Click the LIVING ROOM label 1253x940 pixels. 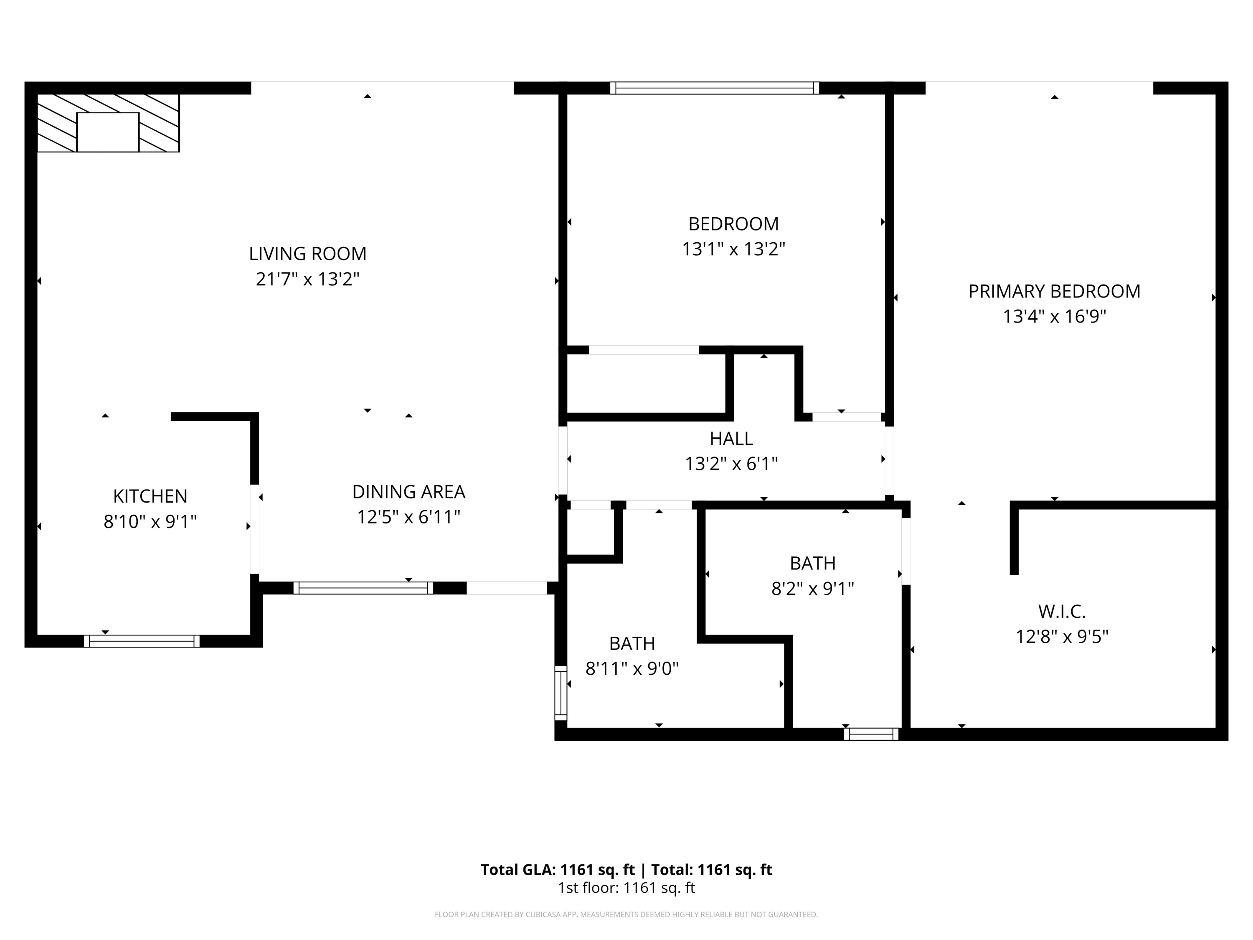[307, 253]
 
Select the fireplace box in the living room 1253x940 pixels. [108, 132]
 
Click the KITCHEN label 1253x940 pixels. [150, 496]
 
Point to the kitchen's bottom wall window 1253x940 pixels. [142, 641]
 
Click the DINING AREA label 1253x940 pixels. [408, 492]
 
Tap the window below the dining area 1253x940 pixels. [363, 588]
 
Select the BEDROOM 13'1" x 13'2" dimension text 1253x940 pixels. [733, 249]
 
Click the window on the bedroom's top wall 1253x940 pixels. [714, 88]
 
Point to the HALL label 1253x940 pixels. [731, 439]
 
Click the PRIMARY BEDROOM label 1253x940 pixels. [1054, 291]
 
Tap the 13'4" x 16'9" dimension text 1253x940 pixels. [1054, 316]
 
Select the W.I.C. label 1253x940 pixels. [1062, 611]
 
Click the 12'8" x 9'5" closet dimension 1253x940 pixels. [1062, 637]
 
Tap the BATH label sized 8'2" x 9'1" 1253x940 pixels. [812, 563]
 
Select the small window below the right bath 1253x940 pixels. [871, 734]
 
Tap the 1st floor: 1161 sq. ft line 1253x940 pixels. [626, 888]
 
